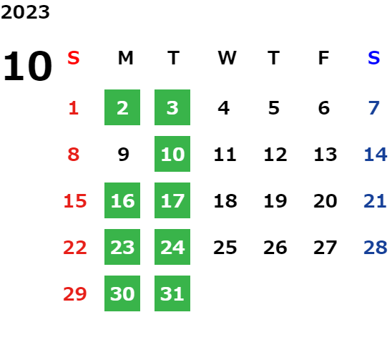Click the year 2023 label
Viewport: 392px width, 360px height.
click(25, 12)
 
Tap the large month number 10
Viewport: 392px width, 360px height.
click(27, 66)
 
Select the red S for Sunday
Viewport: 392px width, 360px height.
click(74, 58)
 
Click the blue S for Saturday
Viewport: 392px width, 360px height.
click(374, 58)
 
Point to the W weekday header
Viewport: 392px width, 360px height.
click(227, 58)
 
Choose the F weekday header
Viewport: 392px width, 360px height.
click(324, 58)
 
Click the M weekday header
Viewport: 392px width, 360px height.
click(125, 58)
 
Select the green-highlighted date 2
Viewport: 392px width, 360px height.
click(122, 107)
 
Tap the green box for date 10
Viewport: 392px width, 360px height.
click(172, 154)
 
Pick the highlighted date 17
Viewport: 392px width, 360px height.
click(172, 200)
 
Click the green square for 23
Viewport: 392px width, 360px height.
click(122, 247)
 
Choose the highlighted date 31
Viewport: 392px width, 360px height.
click(172, 293)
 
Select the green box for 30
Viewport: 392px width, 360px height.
click(122, 293)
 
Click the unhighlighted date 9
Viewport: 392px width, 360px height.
click(123, 154)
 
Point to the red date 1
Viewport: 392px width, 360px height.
click(74, 108)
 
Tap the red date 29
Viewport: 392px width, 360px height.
click(75, 293)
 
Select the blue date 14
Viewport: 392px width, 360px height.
click(376, 154)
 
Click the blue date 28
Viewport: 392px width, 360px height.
click(376, 248)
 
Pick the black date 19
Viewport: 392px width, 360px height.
click(275, 200)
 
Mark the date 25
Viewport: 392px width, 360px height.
click(225, 248)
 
